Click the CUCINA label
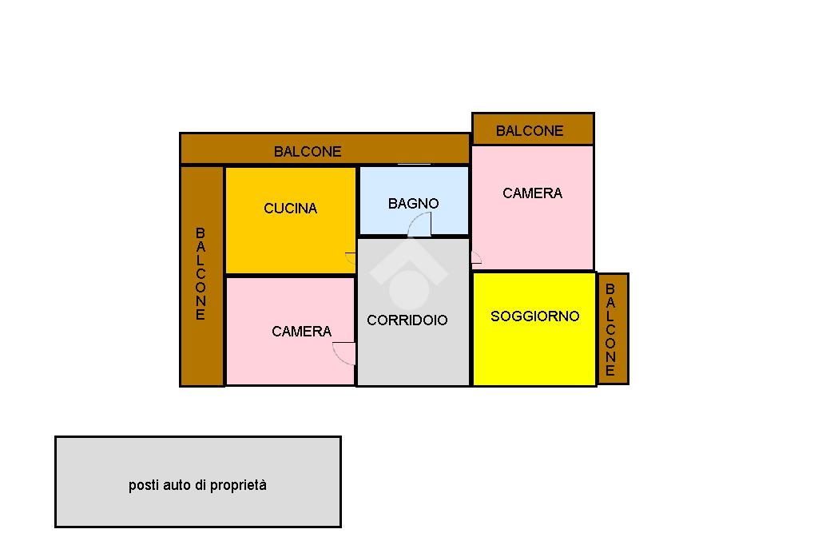coord(290,209)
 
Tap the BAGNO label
coord(413,204)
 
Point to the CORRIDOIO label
coord(407,320)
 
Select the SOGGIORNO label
coord(534,316)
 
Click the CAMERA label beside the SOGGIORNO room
coord(532,193)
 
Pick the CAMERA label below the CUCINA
coord(301,332)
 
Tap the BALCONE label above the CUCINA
coord(308,151)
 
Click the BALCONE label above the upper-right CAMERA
coord(530,131)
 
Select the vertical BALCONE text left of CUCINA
coord(201,273)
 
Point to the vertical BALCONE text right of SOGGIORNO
coord(610,329)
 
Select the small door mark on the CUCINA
coord(350,258)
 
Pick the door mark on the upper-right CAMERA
coord(475,257)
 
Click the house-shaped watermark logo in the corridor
coord(408,276)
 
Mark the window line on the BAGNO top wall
coord(414,165)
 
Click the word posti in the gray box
coord(144,485)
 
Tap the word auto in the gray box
coord(177,485)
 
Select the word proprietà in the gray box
coord(238,485)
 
